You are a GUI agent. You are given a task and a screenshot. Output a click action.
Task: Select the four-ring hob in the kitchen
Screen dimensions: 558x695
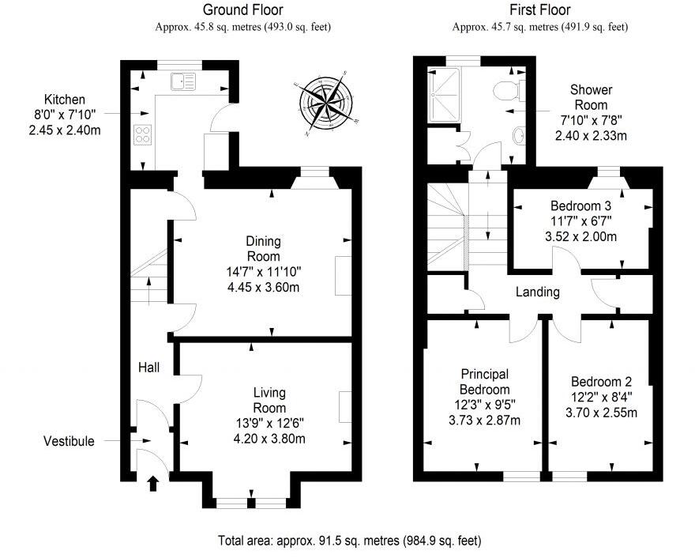click(144, 134)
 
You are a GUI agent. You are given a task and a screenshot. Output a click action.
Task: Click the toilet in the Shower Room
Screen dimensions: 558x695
click(503, 92)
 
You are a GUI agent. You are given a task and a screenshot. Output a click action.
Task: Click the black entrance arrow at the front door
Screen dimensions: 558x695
click(153, 482)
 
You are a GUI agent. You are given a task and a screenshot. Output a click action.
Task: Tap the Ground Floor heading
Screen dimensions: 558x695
click(242, 10)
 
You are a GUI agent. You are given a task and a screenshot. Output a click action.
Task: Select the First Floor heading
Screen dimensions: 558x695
click(539, 10)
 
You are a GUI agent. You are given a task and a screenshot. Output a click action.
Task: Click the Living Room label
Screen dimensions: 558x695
click(269, 400)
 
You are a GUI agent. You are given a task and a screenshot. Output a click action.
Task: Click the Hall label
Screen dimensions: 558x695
click(149, 368)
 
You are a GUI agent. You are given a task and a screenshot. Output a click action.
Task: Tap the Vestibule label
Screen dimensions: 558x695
click(69, 441)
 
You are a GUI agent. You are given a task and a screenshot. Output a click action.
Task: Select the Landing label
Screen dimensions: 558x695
click(538, 292)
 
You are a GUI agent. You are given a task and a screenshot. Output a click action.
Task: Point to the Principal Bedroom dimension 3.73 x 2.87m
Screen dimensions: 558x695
click(486, 419)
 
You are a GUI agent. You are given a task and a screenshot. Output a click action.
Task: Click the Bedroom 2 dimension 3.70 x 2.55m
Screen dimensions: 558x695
click(601, 411)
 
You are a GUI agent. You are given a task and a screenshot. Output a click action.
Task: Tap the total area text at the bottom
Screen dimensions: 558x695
click(349, 541)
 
